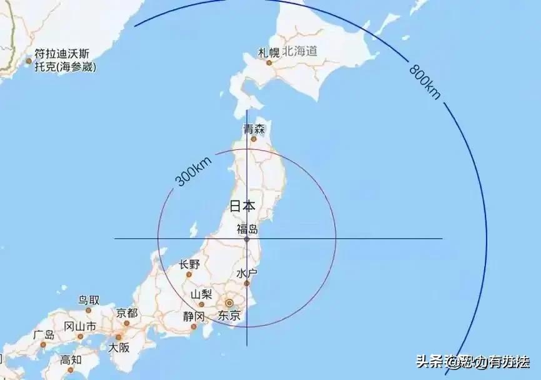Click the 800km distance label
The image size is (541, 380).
(x=425, y=80)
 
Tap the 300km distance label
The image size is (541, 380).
(x=193, y=171)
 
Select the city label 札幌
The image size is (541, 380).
(x=269, y=52)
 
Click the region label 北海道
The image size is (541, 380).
(x=300, y=51)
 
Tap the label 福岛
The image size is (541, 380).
(x=247, y=229)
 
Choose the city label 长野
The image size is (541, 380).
(x=189, y=264)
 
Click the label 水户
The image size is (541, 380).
(x=247, y=274)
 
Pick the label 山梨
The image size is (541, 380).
(x=202, y=294)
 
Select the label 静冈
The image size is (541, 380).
(x=194, y=316)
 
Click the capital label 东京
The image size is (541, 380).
(x=229, y=316)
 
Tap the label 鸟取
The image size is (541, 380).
(x=89, y=300)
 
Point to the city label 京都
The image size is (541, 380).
(x=127, y=312)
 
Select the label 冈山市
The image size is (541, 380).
(x=80, y=326)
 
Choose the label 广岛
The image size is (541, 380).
(x=44, y=335)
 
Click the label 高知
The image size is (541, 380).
(x=71, y=359)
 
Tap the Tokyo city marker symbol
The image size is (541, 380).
(x=229, y=303)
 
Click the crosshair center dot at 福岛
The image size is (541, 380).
(x=247, y=239)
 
